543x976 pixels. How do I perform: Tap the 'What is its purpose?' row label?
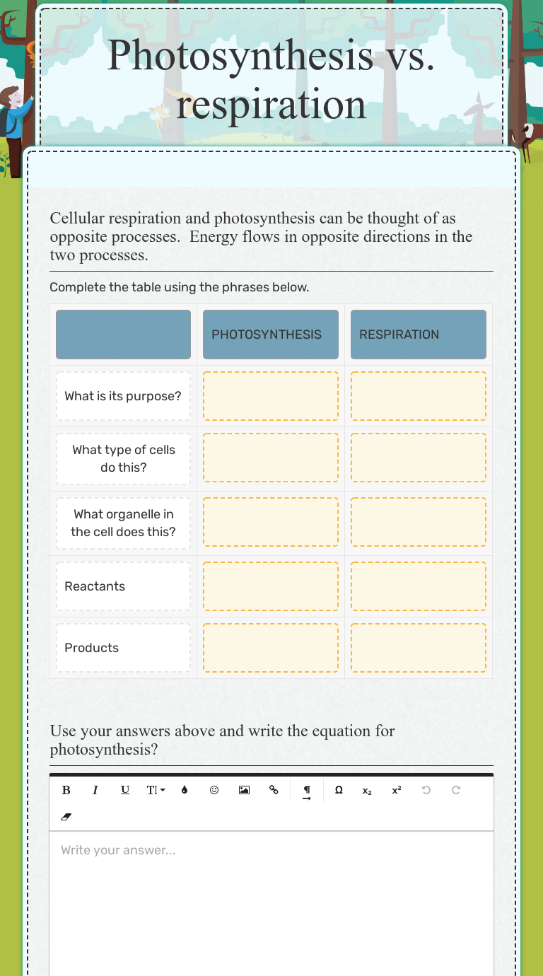(123, 396)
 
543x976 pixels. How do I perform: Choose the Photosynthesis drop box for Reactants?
(270, 586)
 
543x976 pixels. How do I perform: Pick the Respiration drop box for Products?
(418, 648)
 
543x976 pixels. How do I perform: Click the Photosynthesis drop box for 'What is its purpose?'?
(270, 396)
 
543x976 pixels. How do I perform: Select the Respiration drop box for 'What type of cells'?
(418, 458)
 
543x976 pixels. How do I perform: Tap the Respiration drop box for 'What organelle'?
(418, 523)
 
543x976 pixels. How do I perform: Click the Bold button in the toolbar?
(66, 790)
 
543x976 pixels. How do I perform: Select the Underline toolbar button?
(125, 790)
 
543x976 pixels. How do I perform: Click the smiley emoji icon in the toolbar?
(214, 790)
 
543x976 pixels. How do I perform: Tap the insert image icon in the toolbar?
(244, 790)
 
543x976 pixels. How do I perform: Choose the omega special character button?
(339, 790)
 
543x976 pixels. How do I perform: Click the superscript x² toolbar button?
(397, 790)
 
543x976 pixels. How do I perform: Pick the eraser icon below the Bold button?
(66, 817)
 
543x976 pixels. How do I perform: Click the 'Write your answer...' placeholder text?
(118, 850)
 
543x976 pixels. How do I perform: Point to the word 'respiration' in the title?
(271, 105)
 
